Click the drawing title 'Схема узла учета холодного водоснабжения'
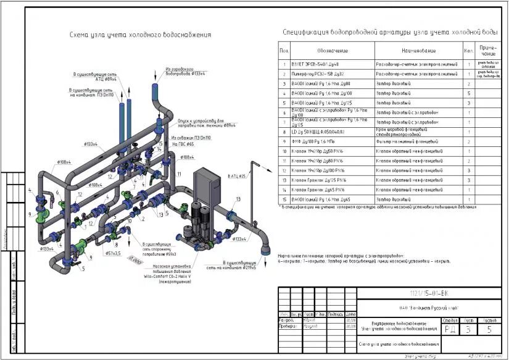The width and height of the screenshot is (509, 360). [140, 35]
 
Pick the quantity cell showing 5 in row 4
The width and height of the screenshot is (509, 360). [469, 92]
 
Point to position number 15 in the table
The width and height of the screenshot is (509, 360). [284, 199]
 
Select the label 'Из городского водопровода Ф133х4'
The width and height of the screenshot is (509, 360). [185, 72]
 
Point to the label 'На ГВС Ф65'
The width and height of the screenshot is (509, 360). [182, 143]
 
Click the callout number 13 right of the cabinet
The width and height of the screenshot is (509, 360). [238, 199]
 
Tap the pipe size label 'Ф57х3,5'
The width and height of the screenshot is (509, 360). [112, 253]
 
